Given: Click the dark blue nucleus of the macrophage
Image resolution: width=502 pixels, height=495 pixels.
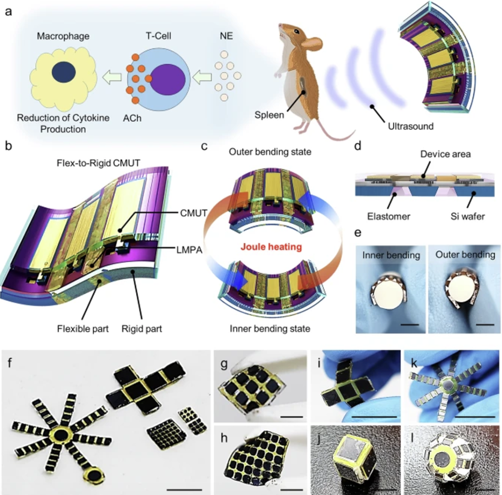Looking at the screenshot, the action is coord(64,72).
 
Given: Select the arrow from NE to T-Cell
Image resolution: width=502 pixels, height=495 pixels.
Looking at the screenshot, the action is coord(202,77).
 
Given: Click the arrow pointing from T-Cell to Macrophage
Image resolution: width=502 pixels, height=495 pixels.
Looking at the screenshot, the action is coord(112,77).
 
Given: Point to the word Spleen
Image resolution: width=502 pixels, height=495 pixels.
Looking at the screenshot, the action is coord(269,115).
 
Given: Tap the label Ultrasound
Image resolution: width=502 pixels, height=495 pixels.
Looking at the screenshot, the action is coord(411,126).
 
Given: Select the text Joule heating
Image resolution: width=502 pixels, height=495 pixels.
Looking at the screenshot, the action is coord(271,247).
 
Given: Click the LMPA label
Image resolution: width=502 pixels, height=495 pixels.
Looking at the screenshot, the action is coord(189,250).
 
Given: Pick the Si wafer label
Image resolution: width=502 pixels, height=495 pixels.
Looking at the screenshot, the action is coord(468,217).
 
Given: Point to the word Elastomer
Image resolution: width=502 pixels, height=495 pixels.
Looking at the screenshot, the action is coord(389,217).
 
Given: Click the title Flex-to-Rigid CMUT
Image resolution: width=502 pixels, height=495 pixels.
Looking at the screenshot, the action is coord(98,163).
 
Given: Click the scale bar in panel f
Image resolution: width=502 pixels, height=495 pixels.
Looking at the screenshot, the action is coord(185,489).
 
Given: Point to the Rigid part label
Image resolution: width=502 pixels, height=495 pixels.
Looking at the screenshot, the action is coord(142,329).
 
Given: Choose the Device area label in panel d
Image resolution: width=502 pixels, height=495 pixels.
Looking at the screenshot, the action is coord(445,154).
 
